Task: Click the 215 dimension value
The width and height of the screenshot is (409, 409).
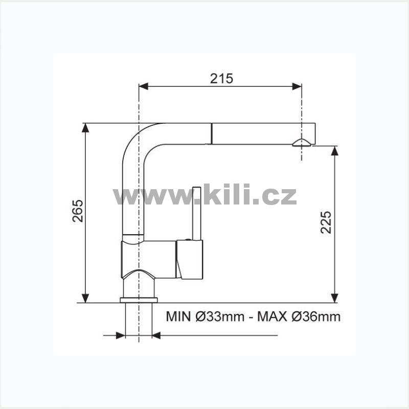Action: (x=221, y=79)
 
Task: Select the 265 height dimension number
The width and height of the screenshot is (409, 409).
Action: (x=78, y=211)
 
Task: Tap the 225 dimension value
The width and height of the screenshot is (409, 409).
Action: (x=326, y=222)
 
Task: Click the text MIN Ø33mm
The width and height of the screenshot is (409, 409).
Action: (x=205, y=316)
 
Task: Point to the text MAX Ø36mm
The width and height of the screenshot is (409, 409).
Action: (x=299, y=316)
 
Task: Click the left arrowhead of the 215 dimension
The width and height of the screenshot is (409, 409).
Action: (x=144, y=86)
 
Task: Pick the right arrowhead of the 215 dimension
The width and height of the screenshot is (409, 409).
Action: (x=297, y=86)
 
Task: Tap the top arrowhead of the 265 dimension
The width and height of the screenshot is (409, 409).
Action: (x=85, y=128)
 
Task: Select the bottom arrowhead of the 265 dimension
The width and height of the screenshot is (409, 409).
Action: (x=85, y=298)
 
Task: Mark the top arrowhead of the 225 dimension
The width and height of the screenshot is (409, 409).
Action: (x=334, y=151)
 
